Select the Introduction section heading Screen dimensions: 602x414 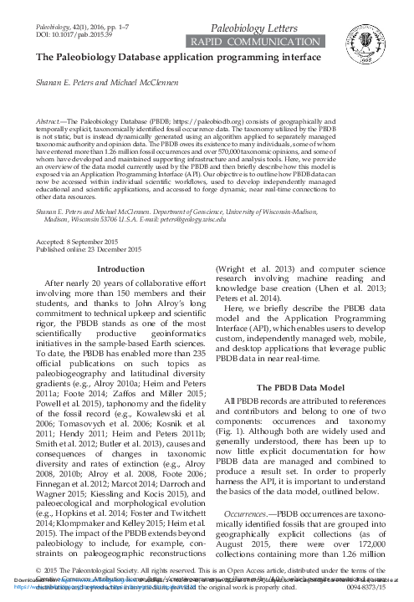click(x=121, y=245)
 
